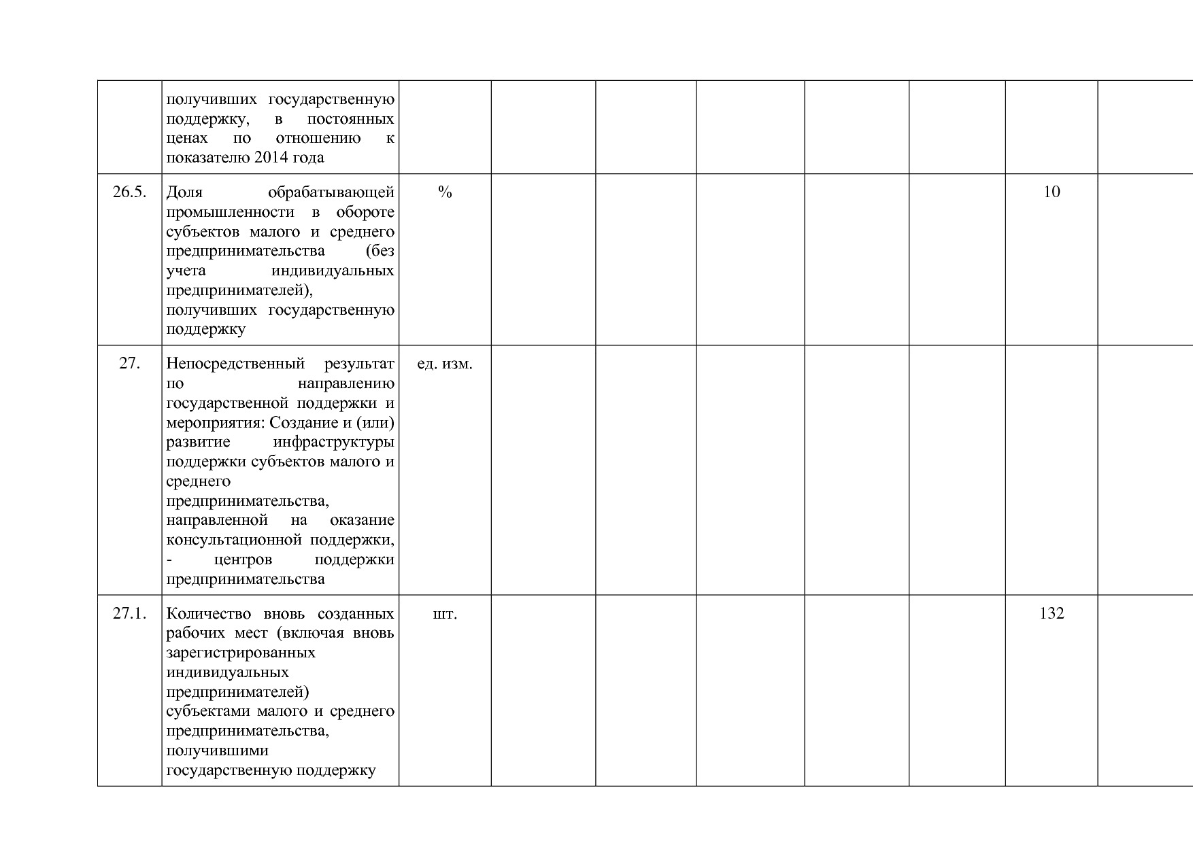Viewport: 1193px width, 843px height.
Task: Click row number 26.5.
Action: click(x=129, y=192)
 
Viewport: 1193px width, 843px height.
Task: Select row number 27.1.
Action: click(x=129, y=613)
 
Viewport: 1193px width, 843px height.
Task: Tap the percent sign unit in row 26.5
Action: click(x=445, y=192)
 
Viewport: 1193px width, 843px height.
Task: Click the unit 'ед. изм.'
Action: click(x=445, y=364)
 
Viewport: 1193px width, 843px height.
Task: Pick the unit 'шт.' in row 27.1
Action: click(x=445, y=614)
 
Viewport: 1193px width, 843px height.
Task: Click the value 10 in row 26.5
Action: click(x=1052, y=192)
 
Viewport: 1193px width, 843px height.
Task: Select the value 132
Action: click(x=1052, y=613)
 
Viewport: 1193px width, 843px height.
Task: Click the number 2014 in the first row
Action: click(x=270, y=158)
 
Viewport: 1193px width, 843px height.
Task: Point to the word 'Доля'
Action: click(x=184, y=192)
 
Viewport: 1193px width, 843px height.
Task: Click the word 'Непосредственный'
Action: click(x=235, y=364)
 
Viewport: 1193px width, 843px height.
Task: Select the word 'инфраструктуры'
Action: click(x=333, y=443)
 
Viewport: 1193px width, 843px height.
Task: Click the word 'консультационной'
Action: click(x=234, y=540)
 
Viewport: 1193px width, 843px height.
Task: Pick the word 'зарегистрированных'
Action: click(x=241, y=653)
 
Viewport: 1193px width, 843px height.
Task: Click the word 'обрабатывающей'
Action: click(x=331, y=192)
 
